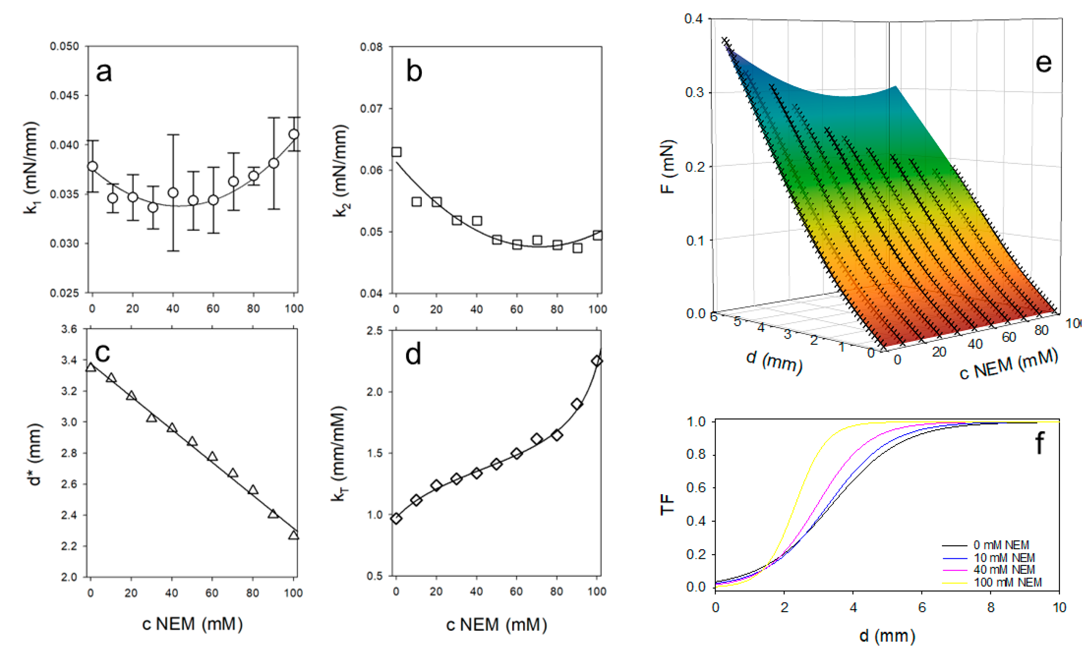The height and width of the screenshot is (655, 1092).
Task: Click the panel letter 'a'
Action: [104, 72]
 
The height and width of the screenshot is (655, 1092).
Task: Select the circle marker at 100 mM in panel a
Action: [294, 134]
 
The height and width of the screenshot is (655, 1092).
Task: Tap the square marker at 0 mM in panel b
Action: [397, 152]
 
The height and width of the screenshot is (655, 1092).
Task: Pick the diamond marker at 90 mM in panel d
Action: [577, 404]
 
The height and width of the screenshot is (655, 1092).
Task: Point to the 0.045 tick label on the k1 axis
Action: [64, 95]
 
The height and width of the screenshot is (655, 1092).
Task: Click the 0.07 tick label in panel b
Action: [371, 109]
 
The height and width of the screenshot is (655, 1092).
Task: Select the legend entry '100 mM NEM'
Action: [1007, 582]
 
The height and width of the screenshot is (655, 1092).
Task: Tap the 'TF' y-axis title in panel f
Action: [667, 504]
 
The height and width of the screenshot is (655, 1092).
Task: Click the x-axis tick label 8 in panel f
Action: [990, 608]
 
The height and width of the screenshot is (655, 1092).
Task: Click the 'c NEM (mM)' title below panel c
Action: [192, 624]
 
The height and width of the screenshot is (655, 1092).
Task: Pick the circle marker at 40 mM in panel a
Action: [173, 193]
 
